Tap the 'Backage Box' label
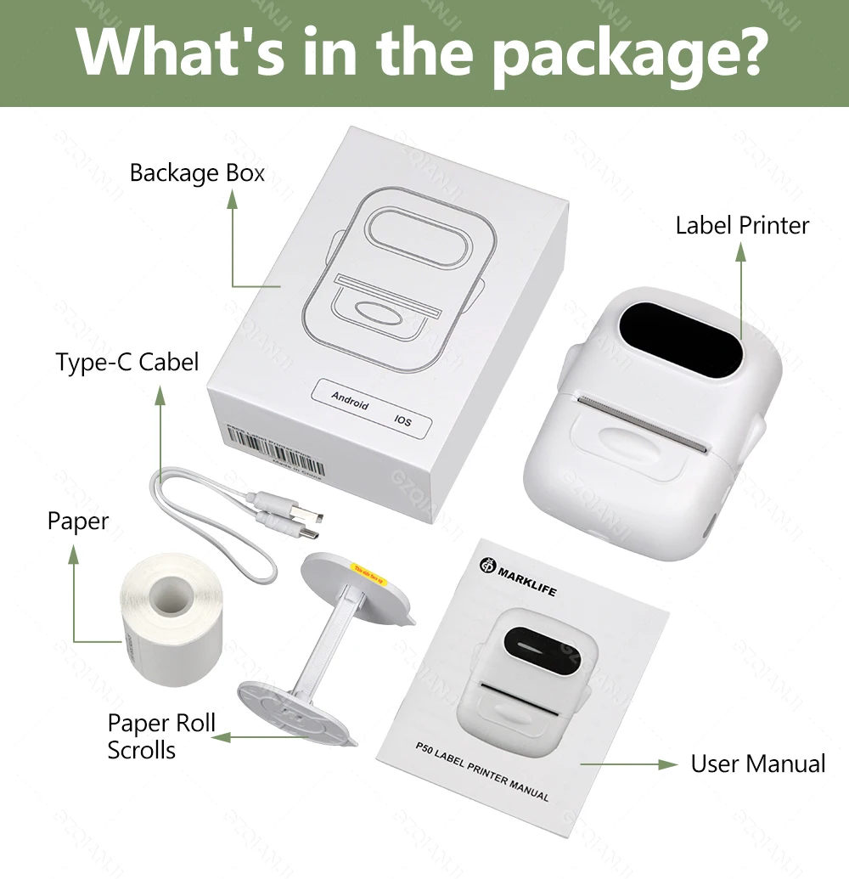[197, 173]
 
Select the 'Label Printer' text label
[742, 225]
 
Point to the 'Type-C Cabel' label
[127, 363]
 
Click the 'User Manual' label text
[757, 763]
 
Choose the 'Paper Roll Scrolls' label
[161, 736]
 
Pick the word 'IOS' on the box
[402, 420]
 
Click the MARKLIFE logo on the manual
[517, 577]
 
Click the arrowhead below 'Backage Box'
[233, 199]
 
